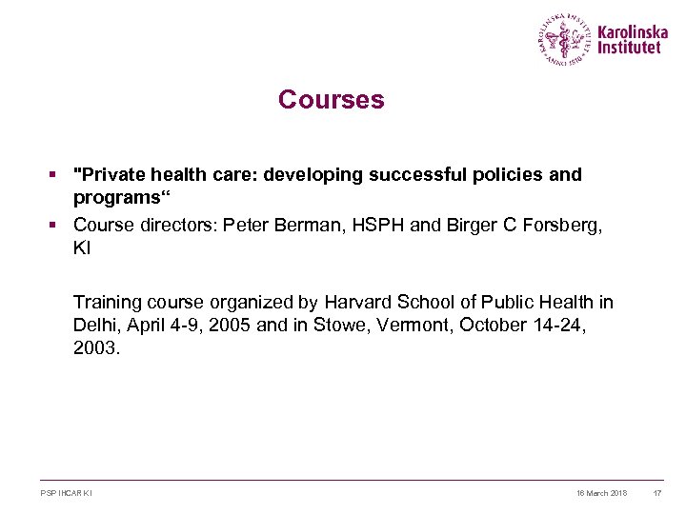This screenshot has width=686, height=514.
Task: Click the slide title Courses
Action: [331, 100]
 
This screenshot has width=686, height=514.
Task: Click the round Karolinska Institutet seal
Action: [565, 40]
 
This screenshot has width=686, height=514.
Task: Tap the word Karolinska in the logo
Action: [633, 31]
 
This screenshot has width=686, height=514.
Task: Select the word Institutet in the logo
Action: [629, 49]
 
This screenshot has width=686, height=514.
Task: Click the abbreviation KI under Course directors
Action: [82, 247]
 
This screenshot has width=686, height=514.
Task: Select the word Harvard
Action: [356, 303]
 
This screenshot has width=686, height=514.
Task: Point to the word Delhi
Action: [93, 326]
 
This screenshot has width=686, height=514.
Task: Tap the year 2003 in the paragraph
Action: [95, 348]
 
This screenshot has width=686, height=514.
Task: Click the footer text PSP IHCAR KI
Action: [67, 493]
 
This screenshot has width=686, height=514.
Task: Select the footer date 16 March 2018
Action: [601, 493]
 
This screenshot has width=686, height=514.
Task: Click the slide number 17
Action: [656, 493]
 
